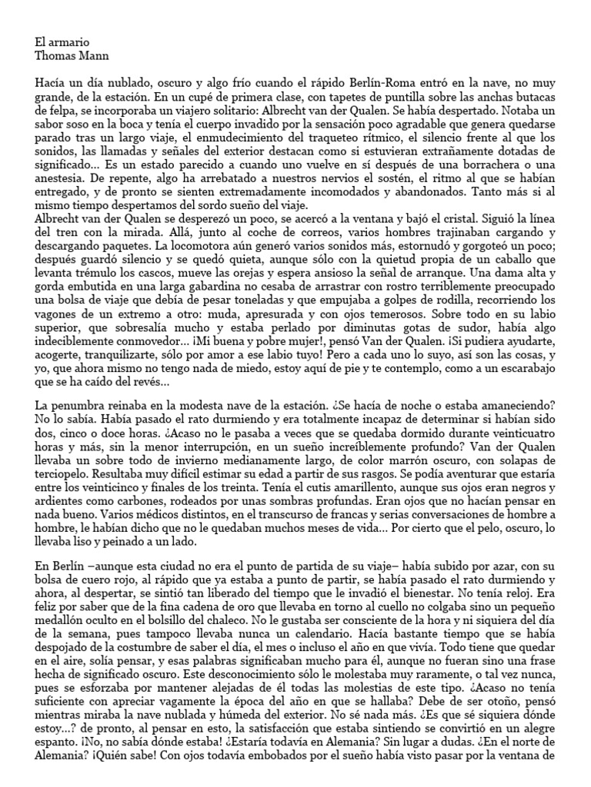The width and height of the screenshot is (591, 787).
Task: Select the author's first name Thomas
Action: [54, 55]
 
